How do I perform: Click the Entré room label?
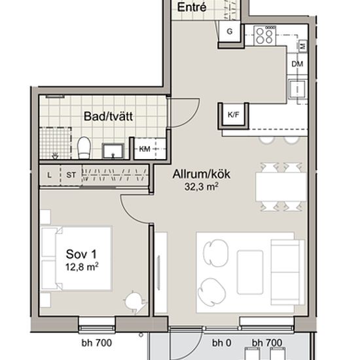tap(192, 7)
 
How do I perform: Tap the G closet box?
tap(230, 31)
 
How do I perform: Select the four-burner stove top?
tap(264, 35)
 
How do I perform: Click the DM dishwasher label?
tap(297, 64)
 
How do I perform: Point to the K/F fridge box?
tap(233, 115)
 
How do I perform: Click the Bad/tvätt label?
tap(108, 116)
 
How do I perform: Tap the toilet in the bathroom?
tap(84, 147)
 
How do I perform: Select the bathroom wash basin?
tap(113, 151)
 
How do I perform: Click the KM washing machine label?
tap(145, 149)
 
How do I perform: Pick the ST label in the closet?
tap(71, 175)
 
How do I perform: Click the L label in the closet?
tap(49, 175)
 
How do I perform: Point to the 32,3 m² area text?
tap(201, 187)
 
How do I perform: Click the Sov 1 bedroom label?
tap(81, 254)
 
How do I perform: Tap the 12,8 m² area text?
tap(82, 267)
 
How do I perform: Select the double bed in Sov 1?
tap(76, 259)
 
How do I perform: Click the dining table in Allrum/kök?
tap(281, 187)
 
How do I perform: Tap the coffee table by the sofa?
tap(250, 272)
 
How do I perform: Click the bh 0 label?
tap(221, 343)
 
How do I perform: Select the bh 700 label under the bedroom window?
tap(97, 343)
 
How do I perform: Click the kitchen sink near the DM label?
tap(297, 88)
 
